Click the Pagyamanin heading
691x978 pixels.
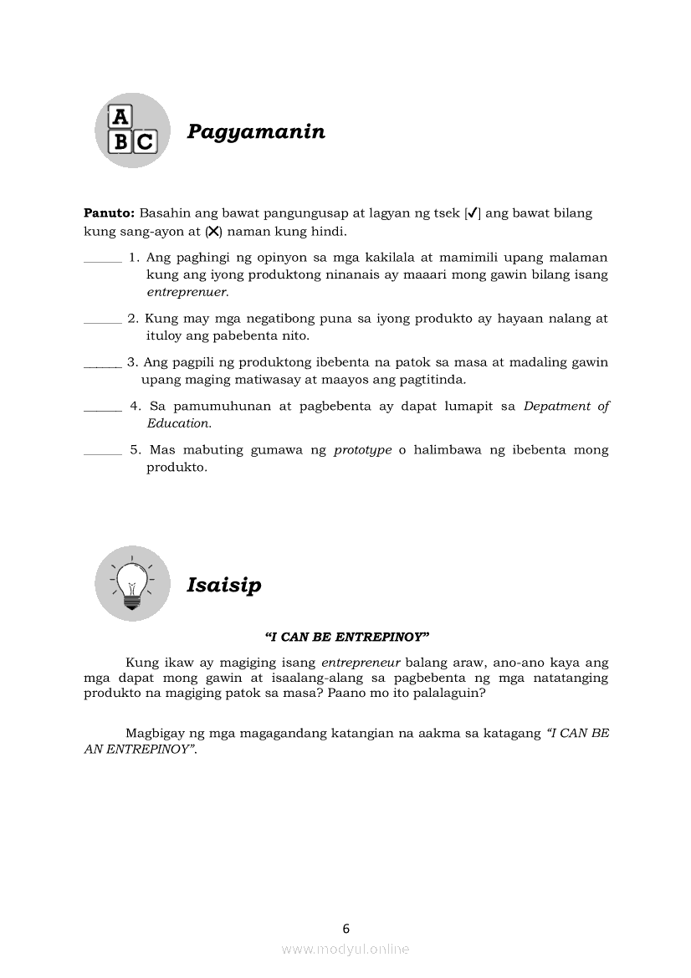point(256,132)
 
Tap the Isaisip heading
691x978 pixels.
point(223,585)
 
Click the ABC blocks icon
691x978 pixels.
point(132,131)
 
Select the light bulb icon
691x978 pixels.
point(132,583)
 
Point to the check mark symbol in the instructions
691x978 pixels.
point(473,213)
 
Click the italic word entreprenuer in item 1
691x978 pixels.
point(187,293)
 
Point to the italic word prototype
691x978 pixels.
point(362,450)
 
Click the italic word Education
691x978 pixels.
point(179,423)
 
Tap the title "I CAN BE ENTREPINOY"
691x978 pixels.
point(346,637)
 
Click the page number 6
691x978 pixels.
point(346,928)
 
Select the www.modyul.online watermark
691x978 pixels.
point(345,949)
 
